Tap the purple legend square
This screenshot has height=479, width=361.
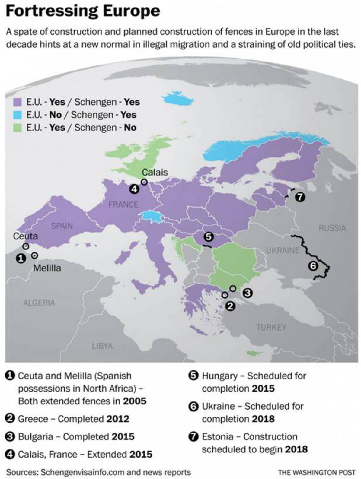pos(18,102)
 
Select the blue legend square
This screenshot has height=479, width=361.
pos(18,115)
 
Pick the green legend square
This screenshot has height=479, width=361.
pos(18,128)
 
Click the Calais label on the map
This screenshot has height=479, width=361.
pos(155,172)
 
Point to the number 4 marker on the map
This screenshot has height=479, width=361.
pos(134,189)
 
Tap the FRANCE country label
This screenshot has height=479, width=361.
pos(123,205)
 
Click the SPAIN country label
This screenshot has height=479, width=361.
pos(62,226)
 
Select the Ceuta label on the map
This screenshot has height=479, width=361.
pos(25,236)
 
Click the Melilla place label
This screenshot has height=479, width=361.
pos(47,268)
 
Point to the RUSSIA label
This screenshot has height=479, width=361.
pos(332,228)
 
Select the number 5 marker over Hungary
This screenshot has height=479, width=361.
pos(208,237)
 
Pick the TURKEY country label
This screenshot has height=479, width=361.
pos(271,327)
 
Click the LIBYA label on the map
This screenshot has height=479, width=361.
pos(102,346)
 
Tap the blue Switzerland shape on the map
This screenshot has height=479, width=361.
pos(150,216)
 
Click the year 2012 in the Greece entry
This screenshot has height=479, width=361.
pos(118,419)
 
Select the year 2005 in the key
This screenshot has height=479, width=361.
pos(135,401)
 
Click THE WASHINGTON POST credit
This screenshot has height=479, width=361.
pos(316,472)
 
